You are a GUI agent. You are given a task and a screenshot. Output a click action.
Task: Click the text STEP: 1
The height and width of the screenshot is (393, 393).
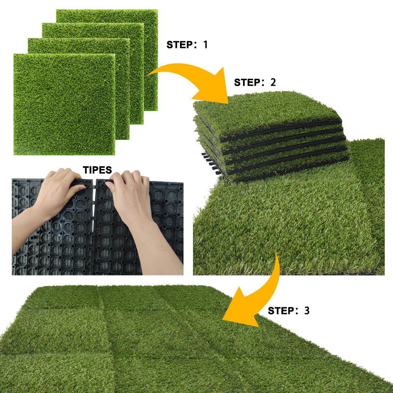click(187, 44)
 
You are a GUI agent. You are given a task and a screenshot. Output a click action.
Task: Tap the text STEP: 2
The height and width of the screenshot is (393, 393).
click(255, 83)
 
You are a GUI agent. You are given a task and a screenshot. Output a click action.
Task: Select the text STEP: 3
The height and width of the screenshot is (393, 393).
click(288, 311)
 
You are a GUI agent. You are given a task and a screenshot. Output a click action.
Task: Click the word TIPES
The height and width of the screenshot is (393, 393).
click(97, 170)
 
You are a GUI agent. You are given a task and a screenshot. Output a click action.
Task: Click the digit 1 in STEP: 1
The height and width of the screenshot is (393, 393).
click(205, 44)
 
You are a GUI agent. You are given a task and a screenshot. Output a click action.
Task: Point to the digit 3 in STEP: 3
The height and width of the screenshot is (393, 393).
click(307, 311)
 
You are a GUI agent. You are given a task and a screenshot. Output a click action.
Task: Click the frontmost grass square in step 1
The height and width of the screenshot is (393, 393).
click(64, 104)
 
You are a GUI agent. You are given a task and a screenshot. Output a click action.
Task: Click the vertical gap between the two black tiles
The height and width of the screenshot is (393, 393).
click(94, 236)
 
